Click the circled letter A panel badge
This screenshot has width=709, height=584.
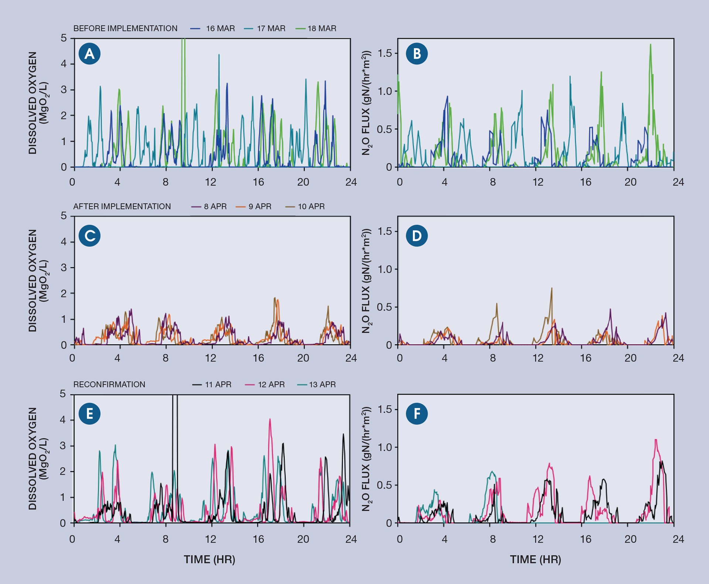click(x=89, y=54)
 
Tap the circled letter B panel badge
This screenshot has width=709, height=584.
click(x=417, y=54)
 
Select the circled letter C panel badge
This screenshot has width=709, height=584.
click(x=89, y=236)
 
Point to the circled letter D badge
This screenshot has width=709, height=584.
click(x=417, y=236)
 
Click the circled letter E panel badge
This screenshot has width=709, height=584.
click(x=89, y=413)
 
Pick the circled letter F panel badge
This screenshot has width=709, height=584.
click(x=417, y=413)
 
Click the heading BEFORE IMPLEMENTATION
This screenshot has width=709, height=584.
click(x=125, y=28)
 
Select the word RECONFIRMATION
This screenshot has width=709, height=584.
click(x=109, y=385)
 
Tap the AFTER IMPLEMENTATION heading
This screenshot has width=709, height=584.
click(x=122, y=206)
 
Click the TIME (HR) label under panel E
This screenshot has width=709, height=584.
click(x=209, y=559)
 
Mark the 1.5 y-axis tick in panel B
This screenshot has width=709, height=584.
click(x=384, y=53)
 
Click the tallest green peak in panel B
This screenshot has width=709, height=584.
click(x=650, y=45)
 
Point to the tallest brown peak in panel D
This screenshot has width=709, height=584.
click(x=552, y=288)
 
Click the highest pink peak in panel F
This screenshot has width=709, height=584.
click(x=656, y=440)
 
